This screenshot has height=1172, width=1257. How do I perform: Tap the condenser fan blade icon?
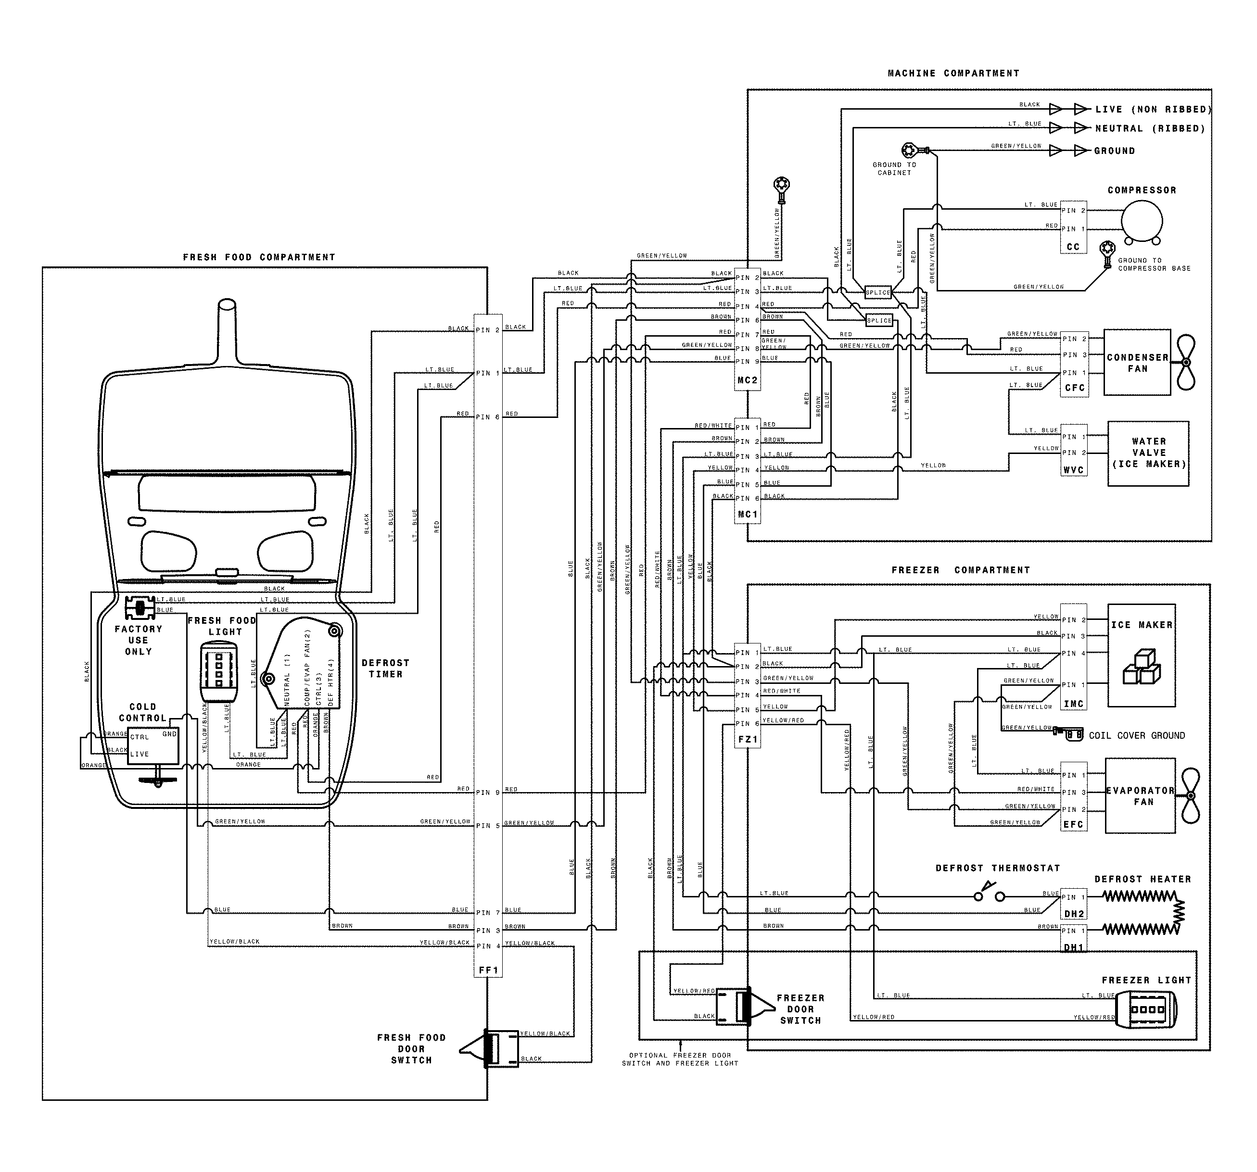click(1184, 362)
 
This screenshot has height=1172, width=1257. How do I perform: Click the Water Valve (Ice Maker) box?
click(1148, 453)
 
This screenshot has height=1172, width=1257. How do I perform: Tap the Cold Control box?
click(152, 745)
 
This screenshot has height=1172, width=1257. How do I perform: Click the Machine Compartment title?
click(953, 73)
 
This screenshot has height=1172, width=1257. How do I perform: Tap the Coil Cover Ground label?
click(1136, 735)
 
